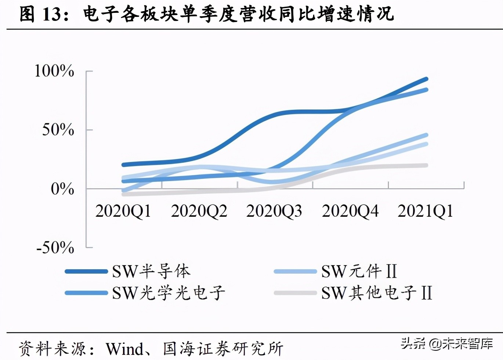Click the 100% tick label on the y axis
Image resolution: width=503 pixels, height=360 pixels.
point(54,71)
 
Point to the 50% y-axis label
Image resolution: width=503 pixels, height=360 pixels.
point(58,130)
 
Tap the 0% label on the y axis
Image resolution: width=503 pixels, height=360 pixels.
point(62,189)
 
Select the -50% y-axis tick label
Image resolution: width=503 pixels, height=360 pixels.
point(55,248)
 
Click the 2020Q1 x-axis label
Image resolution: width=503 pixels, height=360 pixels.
point(123,212)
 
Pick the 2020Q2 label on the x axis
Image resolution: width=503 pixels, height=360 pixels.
point(199,212)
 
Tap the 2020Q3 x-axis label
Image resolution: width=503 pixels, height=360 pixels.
point(274,212)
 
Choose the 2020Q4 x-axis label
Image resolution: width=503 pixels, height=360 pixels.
point(350,212)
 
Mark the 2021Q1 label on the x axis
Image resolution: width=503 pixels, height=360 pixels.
point(426,212)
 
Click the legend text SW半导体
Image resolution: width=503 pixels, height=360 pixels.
point(151,272)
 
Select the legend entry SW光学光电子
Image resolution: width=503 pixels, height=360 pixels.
point(169,293)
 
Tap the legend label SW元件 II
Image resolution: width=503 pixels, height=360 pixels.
point(359,272)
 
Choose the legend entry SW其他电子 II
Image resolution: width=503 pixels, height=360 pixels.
point(377,293)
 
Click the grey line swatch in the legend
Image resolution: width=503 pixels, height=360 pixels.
point(295,293)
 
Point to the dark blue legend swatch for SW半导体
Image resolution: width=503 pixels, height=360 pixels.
point(86,272)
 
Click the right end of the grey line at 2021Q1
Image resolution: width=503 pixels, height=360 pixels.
point(426,165)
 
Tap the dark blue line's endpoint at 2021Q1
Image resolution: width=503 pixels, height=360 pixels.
point(426,79)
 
